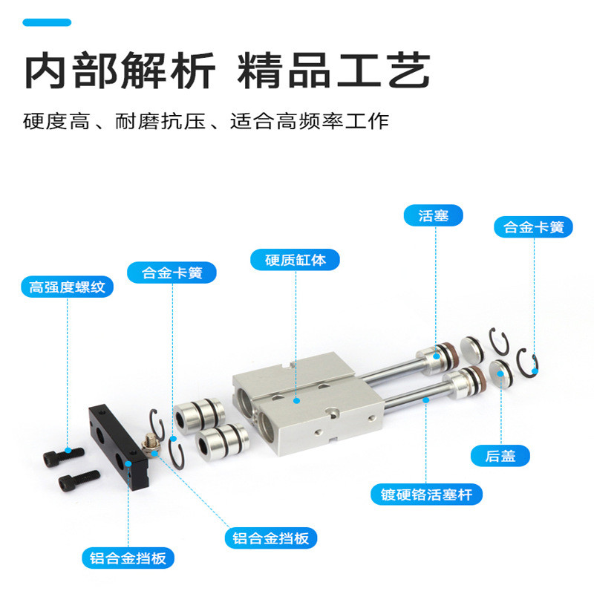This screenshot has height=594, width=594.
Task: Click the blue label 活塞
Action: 433,216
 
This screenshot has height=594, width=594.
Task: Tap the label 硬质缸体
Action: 295,260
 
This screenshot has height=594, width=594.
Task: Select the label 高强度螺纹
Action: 67,287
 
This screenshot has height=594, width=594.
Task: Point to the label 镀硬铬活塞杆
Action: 427,495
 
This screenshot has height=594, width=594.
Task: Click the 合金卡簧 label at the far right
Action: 533,227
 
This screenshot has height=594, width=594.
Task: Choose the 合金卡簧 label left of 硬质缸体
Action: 173,272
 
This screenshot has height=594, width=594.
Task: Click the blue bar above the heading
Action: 46,23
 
